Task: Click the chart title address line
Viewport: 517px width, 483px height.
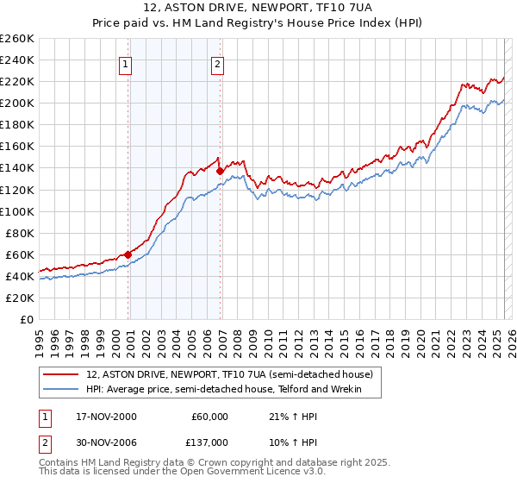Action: pyautogui.click(x=258, y=10)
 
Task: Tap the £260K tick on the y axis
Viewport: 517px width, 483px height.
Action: pyautogui.click(x=16, y=39)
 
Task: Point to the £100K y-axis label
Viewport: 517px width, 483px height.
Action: pyautogui.click(x=16, y=211)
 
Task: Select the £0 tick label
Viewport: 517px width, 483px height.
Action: pyautogui.click(x=26, y=319)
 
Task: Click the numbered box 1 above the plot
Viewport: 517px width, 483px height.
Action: pyautogui.click(x=126, y=63)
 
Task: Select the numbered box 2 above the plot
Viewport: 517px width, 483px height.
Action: pyautogui.click(x=217, y=63)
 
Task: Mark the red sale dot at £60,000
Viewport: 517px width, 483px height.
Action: pyautogui.click(x=128, y=254)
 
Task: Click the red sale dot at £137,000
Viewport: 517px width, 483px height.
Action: pyautogui.click(x=220, y=171)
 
